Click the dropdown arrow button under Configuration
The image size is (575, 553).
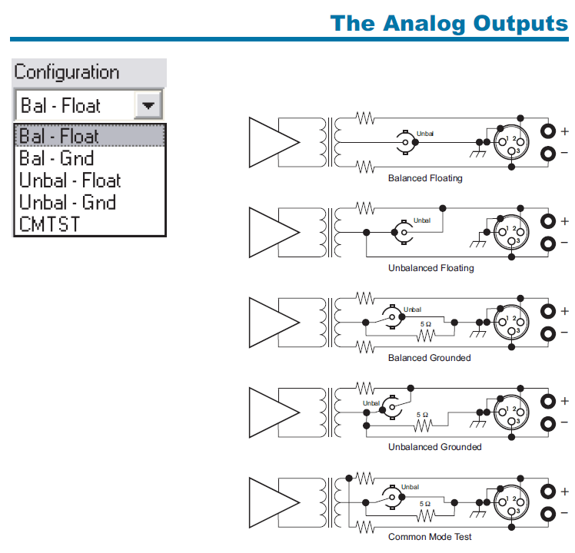click(148, 105)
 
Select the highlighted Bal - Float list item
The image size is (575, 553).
click(90, 136)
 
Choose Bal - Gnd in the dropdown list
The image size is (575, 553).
click(56, 158)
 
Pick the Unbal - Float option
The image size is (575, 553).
click(70, 180)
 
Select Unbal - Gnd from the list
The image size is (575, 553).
click(68, 202)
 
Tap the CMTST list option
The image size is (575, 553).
click(49, 224)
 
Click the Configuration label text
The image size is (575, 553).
click(67, 72)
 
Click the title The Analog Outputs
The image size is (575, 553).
click(449, 24)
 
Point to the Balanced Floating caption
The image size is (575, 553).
click(425, 178)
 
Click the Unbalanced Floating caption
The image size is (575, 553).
click(431, 268)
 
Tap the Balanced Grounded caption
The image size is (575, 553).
click(430, 358)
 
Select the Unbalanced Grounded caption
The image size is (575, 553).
click(435, 447)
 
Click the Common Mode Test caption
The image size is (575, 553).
click(430, 537)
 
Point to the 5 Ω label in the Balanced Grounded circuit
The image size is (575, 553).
click(426, 324)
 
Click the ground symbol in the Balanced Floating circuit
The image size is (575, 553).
click(478, 153)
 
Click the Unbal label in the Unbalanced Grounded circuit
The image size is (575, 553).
click(371, 403)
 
